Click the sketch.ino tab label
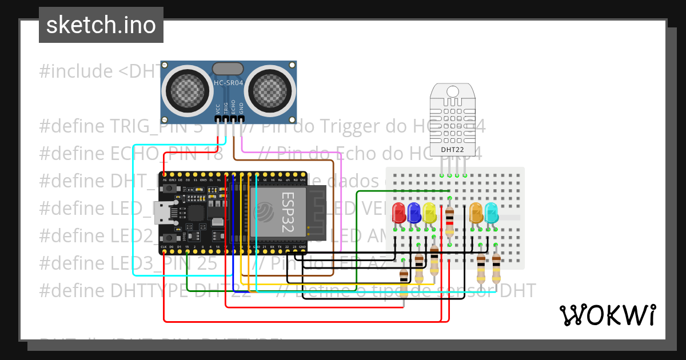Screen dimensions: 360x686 point(101,25)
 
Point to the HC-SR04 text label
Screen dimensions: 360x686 point(229,83)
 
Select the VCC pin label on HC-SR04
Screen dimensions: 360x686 point(218,109)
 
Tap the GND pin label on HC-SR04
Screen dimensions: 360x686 point(241,109)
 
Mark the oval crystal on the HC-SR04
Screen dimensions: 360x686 point(228,69)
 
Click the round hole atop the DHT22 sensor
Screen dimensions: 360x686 point(453,91)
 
